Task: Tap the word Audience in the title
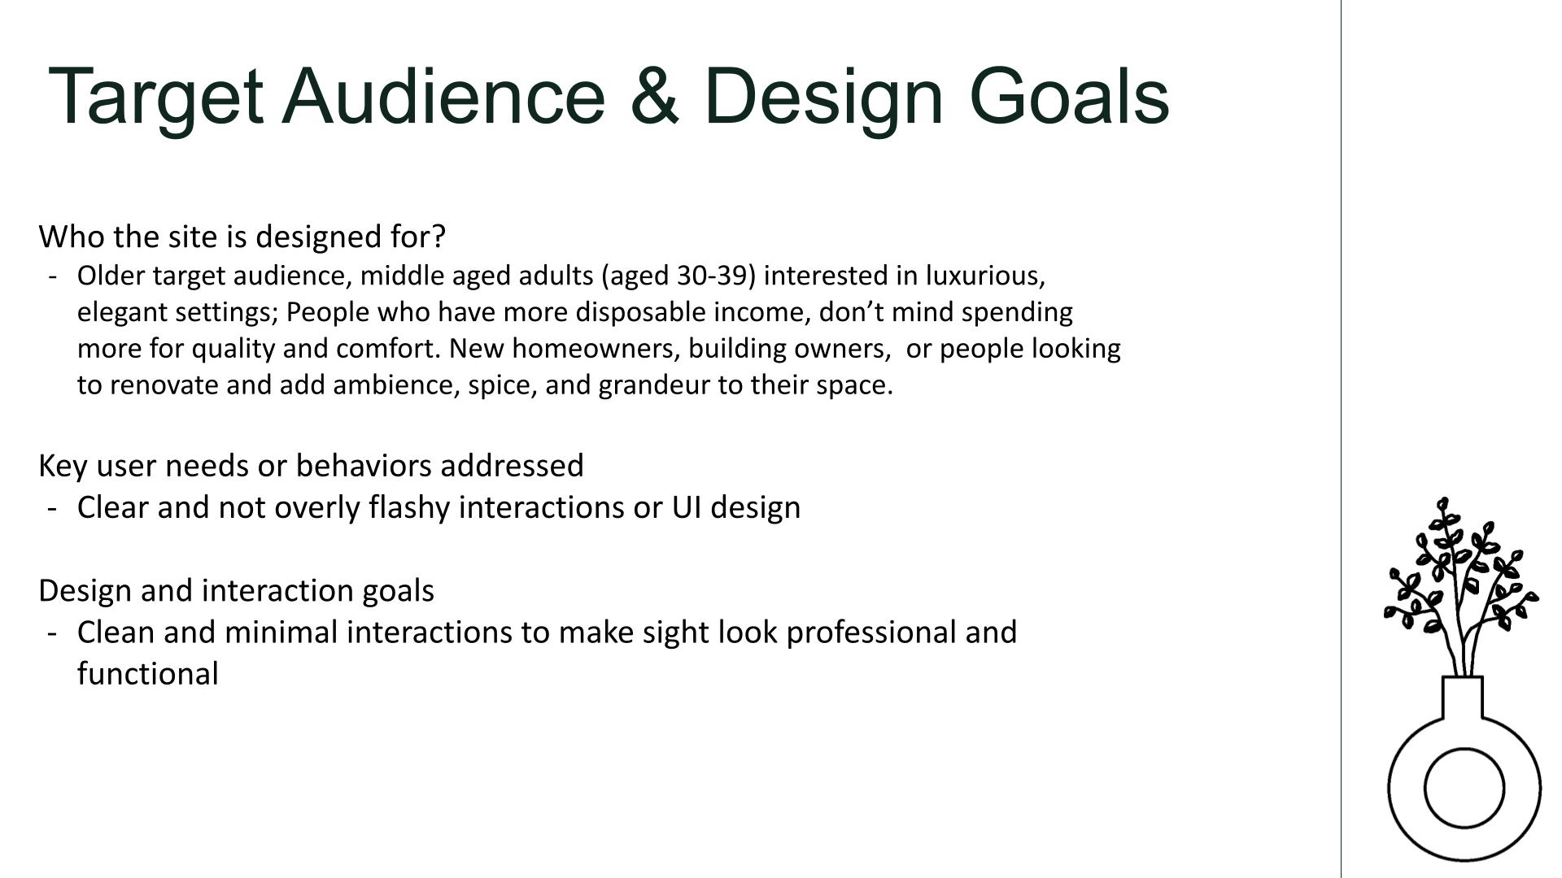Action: pos(443,96)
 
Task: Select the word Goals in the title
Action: pos(1069,96)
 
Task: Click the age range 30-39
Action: pos(711,276)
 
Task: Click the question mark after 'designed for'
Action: pos(438,237)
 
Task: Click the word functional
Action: pos(148,674)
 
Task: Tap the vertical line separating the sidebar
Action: pos(1341,439)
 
